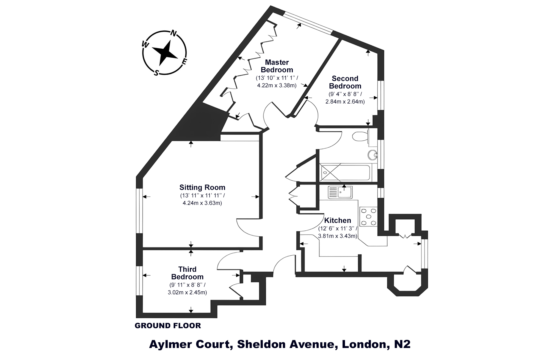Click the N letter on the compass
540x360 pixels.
pos(173,34)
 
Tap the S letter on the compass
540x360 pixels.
pos(156,73)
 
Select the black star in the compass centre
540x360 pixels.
pos(165,53)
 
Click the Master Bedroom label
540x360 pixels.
pos(277,66)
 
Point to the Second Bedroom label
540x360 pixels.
pos(345,82)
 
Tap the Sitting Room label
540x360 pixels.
pos(202,187)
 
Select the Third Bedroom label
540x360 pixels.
pos(187,273)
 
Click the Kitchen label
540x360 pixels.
pos(337,220)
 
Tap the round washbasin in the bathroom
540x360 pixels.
pos(372,155)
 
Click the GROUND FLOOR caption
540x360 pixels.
pos(168,325)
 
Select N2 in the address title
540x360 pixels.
pos(402,344)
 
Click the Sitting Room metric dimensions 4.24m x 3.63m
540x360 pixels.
pos(202,203)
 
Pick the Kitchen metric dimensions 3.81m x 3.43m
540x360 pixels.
pos(337,236)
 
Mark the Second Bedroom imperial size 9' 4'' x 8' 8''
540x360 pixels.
pos(345,94)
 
